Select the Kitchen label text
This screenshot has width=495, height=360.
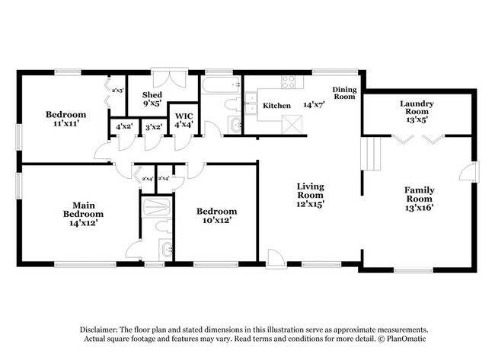coord(276,105)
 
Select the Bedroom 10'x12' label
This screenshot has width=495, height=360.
coord(216,215)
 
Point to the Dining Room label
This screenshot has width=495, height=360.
coord(344,93)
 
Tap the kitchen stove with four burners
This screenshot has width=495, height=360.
coord(290,82)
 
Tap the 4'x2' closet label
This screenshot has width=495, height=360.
coord(123,126)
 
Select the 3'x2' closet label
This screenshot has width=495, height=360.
coord(152,126)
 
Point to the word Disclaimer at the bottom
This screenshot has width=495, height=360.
coord(101,328)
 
